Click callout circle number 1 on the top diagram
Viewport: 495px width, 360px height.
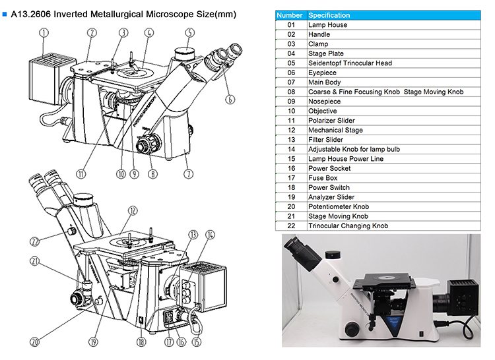[44, 32]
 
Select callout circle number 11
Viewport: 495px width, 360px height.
[81, 175]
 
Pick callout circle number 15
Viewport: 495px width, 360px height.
[196, 342]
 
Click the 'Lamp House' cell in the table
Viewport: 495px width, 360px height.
[327, 25]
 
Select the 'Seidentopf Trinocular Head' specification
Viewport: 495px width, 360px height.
[350, 63]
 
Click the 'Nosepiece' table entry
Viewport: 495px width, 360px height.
[325, 102]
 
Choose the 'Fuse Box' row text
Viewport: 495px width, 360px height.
[323, 178]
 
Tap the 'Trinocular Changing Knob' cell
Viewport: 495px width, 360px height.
[348, 226]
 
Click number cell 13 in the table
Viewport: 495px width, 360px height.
[291, 140]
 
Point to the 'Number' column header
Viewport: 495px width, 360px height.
[290, 15]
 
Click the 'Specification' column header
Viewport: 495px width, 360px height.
[329, 15]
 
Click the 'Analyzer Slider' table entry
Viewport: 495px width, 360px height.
[331, 197]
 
